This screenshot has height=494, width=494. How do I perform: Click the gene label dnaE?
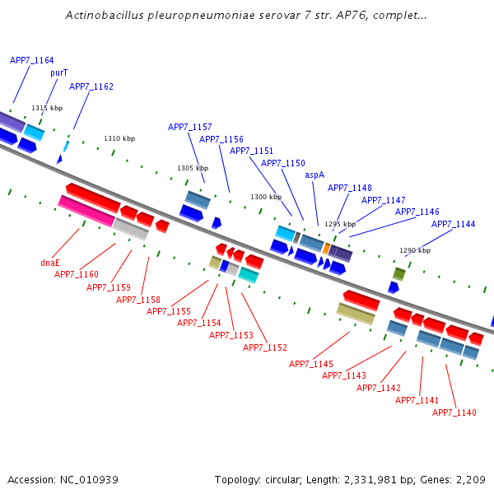coord(50,263)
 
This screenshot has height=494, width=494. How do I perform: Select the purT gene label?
coord(58,72)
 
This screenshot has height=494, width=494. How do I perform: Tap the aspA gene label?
coord(315,175)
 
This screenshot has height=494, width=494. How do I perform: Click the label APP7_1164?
coord(32,60)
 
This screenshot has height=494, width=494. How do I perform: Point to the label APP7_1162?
coord(91,86)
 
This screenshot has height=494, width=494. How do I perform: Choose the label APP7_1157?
coord(190,127)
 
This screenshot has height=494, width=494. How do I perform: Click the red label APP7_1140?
coord(454,412)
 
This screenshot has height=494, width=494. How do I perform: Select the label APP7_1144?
coord(454,224)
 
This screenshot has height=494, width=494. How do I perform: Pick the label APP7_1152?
coord(265,347)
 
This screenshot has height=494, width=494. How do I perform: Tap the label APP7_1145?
coord(311,364)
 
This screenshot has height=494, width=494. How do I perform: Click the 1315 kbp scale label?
coord(47,108)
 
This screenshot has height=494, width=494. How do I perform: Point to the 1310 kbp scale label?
coord(119,138)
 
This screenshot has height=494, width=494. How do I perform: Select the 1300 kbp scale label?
coord(266,197)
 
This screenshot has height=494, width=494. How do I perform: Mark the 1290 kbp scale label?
coord(415,250)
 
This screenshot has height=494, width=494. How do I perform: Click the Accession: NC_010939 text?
coord(63,480)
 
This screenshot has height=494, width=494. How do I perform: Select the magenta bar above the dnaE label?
coord(86,211)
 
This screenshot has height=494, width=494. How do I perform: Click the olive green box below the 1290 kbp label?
coord(399,273)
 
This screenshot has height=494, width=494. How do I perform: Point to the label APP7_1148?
coord(350,188)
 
